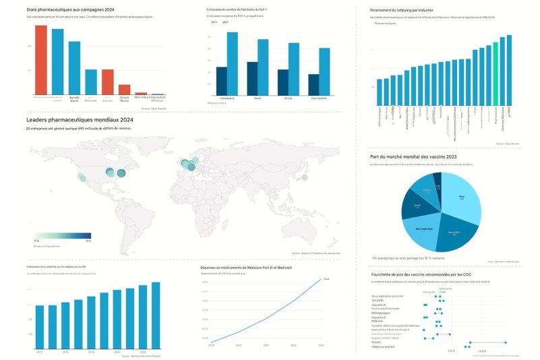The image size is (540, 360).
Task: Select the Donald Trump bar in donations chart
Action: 124,89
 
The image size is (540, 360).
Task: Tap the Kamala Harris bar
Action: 74,67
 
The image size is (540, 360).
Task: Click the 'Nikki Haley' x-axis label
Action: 141,97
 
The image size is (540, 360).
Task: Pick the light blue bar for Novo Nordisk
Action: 324,71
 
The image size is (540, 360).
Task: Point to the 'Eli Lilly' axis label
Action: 288,98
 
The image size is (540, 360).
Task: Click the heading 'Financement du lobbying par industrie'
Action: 413,11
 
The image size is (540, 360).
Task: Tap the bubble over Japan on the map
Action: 304,177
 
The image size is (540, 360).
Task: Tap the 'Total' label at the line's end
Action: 326,278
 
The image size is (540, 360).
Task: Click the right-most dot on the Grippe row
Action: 505,342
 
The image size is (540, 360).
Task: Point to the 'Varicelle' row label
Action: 378,300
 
